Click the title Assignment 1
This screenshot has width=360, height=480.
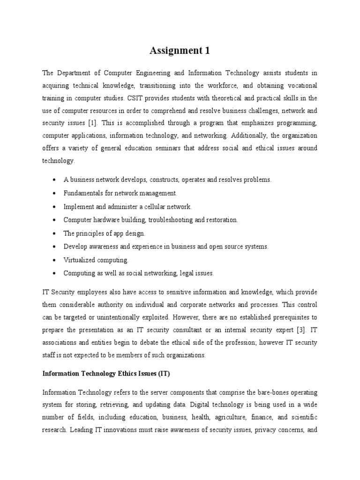pyautogui.click(x=180, y=51)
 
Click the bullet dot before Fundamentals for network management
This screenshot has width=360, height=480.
pyautogui.click(x=55, y=193)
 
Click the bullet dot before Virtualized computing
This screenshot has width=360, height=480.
pyautogui.click(x=55, y=260)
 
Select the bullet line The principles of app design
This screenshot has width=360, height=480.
pyautogui.click(x=105, y=233)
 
